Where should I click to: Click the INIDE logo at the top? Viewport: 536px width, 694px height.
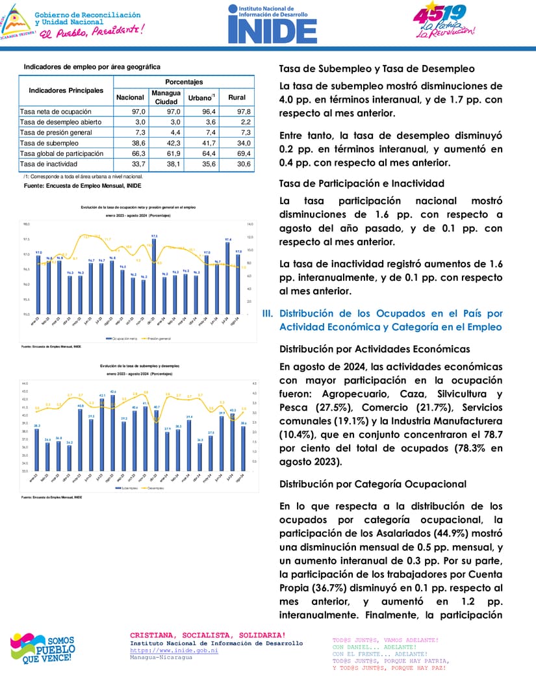coord(272,23)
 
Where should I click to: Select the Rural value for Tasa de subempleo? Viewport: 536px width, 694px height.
coord(237,143)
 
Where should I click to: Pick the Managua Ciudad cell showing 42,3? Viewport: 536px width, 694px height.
coord(166,143)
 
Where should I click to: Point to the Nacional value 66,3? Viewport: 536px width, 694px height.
coord(129,153)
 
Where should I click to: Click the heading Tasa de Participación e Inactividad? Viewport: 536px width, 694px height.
coord(361,183)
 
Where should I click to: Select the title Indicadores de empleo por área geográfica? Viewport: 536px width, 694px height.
coord(92,67)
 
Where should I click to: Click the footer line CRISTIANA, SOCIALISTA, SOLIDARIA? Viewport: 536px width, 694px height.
coord(207,635)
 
